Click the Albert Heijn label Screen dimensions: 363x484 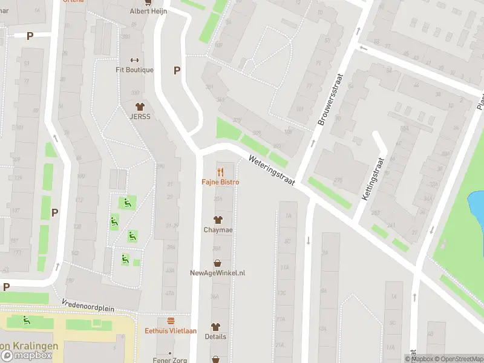tap(148, 11)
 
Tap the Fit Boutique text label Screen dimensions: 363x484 tap(135, 70)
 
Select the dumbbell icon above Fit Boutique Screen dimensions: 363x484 tap(135, 60)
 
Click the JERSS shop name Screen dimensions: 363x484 tap(140, 116)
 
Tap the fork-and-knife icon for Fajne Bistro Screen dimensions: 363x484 tap(220, 172)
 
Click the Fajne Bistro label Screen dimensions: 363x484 tap(220, 182)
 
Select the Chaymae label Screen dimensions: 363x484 tap(218, 230)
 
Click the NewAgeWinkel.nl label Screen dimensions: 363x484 tap(217, 273)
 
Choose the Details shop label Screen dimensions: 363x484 tap(215, 336)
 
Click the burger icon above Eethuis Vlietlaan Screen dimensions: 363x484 tap(171, 321)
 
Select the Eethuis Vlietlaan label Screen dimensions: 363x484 tap(171, 330)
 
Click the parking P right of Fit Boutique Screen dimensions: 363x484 tap(177, 70)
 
